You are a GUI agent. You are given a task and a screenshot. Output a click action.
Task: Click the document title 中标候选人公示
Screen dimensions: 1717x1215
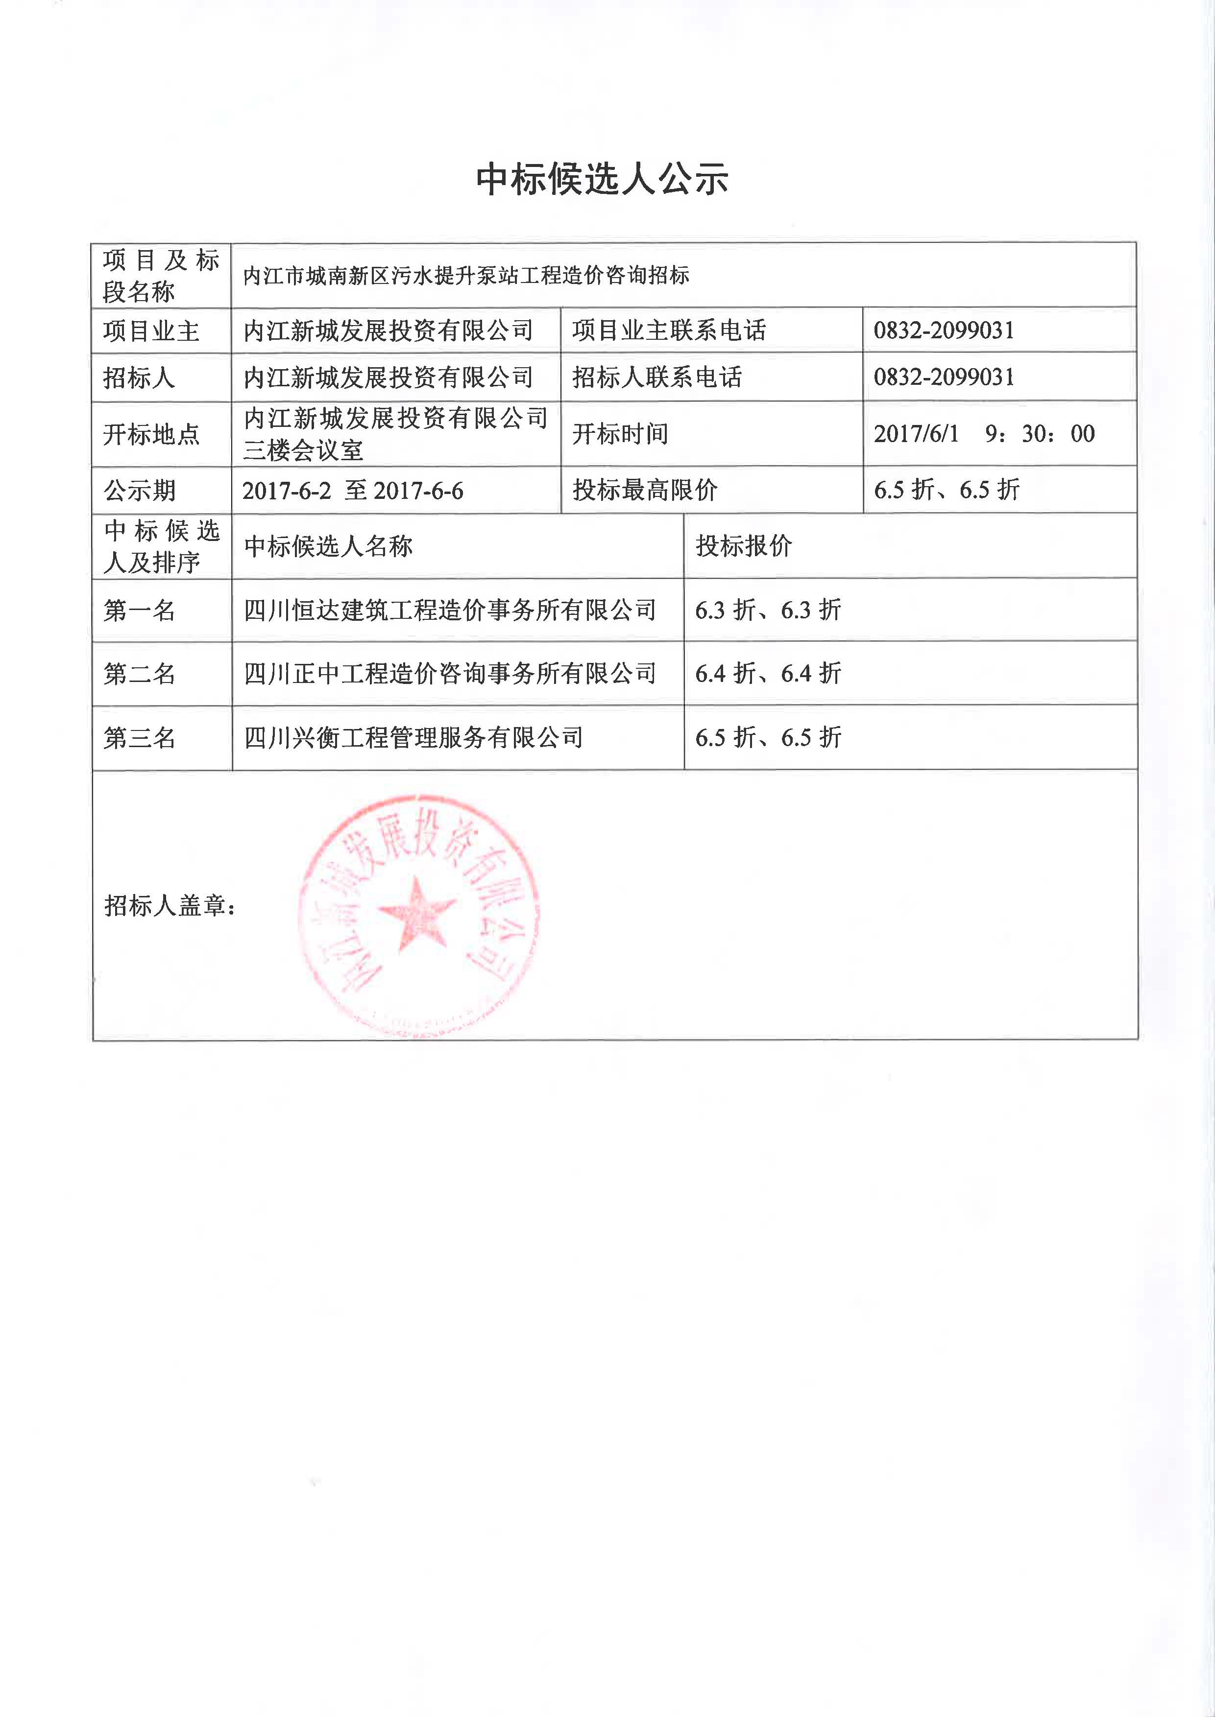tap(602, 180)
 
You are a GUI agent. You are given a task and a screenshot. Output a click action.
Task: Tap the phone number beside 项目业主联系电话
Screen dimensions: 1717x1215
tap(944, 330)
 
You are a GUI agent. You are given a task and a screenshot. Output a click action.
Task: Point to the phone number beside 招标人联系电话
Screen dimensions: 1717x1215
tap(944, 377)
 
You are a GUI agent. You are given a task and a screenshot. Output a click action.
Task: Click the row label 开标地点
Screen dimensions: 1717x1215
tap(151, 434)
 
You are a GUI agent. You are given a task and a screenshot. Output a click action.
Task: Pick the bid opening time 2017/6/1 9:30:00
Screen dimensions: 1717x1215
tap(984, 434)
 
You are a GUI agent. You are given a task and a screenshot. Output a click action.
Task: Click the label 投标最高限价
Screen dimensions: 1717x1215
tap(645, 491)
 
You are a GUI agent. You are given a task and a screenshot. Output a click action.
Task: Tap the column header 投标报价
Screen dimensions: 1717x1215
tap(744, 546)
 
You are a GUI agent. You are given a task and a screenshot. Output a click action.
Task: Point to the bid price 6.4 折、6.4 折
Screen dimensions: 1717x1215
tap(768, 674)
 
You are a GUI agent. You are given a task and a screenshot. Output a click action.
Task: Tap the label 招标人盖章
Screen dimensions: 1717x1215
tap(170, 906)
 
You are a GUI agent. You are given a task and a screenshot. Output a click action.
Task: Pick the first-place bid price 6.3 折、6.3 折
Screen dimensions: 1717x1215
tap(768, 610)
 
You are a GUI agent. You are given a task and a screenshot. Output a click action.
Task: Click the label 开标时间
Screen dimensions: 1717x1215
tap(620, 434)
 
